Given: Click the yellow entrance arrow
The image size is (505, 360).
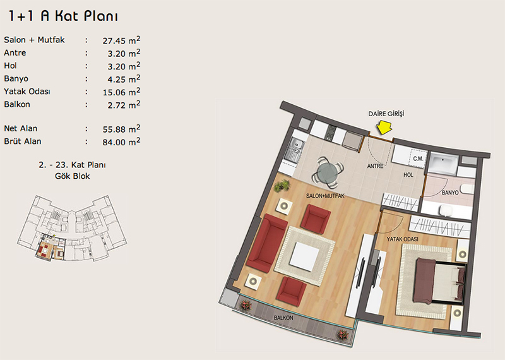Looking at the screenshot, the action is [x=384, y=128].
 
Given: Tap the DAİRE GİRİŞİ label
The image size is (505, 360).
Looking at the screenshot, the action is [x=386, y=114].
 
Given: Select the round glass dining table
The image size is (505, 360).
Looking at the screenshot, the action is [x=328, y=172].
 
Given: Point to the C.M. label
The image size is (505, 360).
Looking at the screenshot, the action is [x=418, y=159].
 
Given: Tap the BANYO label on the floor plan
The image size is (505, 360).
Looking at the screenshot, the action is [x=450, y=193].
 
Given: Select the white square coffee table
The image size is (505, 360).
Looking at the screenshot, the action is [x=304, y=256].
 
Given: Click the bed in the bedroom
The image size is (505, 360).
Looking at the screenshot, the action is [x=439, y=280].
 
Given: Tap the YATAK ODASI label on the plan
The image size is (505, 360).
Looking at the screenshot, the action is [x=402, y=239].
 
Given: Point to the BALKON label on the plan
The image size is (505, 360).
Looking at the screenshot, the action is [x=283, y=318].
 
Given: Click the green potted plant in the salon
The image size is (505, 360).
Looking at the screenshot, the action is [x=282, y=186].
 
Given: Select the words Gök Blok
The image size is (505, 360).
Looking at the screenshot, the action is [x=73, y=176].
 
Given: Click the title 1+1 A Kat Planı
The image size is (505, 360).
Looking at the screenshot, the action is [x=63, y=16].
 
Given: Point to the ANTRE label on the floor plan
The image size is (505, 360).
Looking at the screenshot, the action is [x=375, y=166].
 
